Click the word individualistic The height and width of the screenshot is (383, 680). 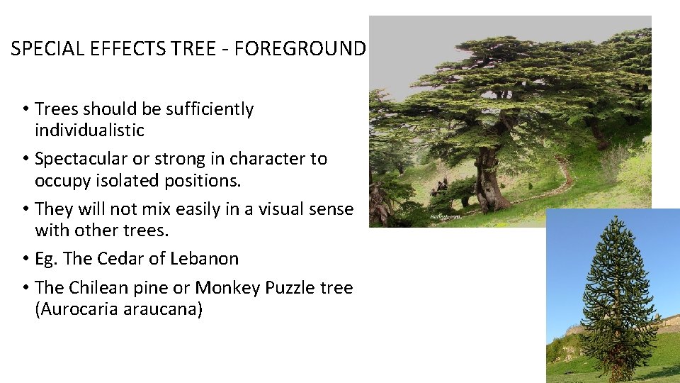(x=89, y=131)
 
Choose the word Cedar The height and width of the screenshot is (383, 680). (x=118, y=259)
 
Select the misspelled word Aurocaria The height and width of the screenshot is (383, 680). (x=76, y=309)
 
